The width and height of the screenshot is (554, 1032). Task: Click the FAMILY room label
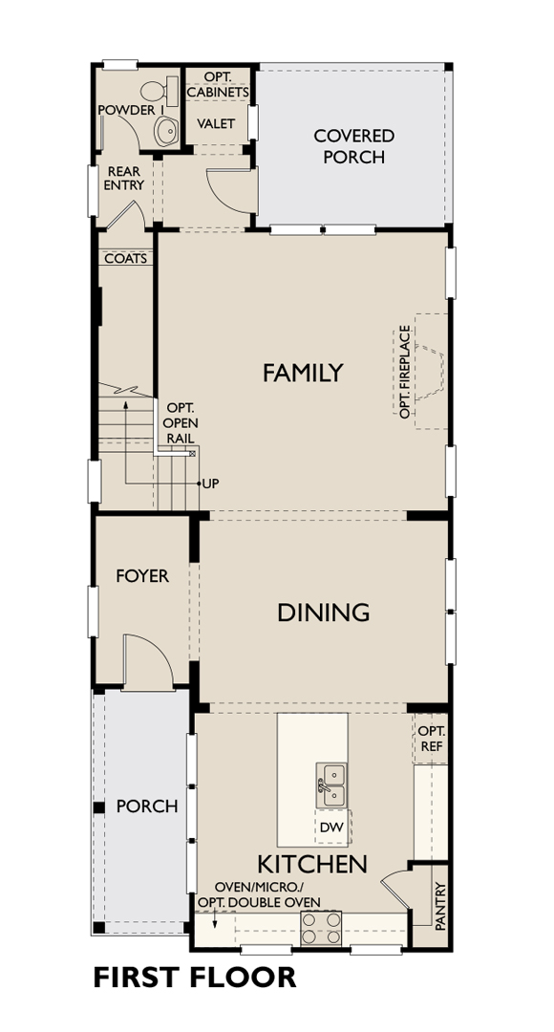click(x=303, y=373)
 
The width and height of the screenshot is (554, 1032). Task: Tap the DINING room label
click(x=323, y=613)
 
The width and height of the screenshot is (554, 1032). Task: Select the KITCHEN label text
click(x=312, y=864)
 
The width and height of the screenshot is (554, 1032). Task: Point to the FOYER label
click(x=142, y=576)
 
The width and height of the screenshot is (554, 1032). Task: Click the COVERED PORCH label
click(x=354, y=146)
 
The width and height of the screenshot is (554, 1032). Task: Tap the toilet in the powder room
click(x=160, y=91)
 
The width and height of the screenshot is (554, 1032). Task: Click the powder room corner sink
click(x=166, y=131)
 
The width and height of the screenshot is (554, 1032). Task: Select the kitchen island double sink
click(x=330, y=785)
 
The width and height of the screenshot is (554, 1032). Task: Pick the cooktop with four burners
click(x=321, y=927)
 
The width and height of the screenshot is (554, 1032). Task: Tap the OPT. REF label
click(x=432, y=739)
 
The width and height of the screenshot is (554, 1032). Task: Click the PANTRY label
click(x=440, y=906)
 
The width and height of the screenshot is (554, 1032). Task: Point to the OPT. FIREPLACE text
click(x=405, y=371)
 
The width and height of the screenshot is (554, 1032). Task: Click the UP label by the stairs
click(x=210, y=484)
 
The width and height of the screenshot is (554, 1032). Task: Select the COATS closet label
click(x=126, y=259)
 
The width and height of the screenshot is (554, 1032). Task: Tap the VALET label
click(x=216, y=123)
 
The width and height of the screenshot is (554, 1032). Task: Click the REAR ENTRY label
click(x=124, y=179)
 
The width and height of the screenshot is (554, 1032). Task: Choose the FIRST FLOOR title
click(x=195, y=977)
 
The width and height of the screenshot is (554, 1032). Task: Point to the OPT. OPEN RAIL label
click(x=181, y=422)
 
